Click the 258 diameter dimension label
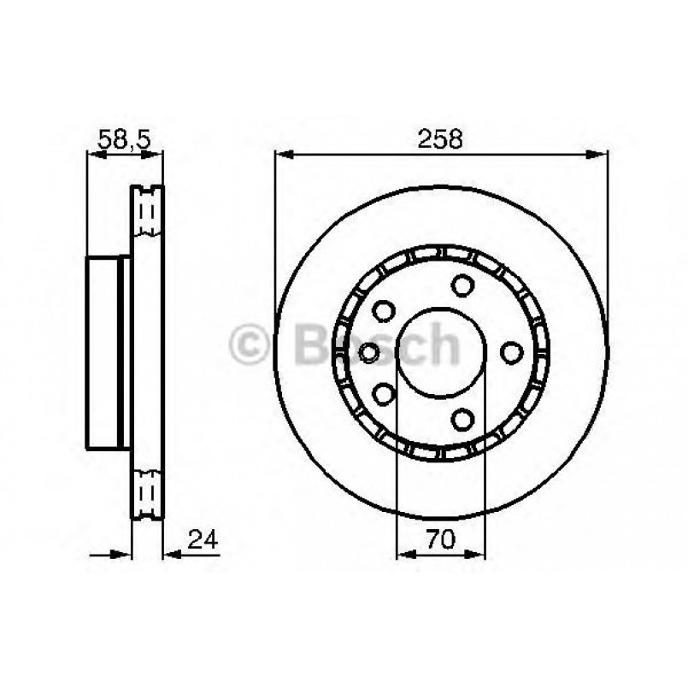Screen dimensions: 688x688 click(441, 139)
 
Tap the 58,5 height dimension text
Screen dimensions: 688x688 click(125, 139)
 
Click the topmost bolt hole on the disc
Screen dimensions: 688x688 click(463, 285)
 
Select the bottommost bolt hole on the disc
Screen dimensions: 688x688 click(463, 419)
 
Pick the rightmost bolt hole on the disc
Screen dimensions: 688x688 click(511, 351)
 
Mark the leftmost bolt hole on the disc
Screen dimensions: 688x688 click(370, 351)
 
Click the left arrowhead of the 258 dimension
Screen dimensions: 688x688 click(283, 155)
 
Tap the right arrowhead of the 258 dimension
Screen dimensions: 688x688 click(600, 155)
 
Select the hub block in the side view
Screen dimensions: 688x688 click(107, 351)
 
